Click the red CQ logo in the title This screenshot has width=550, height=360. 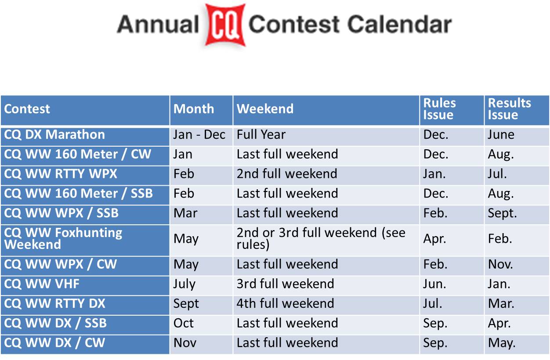click(x=225, y=25)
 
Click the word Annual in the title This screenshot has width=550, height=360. click(x=158, y=24)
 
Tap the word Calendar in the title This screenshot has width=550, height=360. click(x=399, y=24)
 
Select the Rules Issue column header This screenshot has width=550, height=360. click(x=439, y=109)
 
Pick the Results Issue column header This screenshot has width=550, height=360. click(x=509, y=109)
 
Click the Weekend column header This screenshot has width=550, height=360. click(x=265, y=109)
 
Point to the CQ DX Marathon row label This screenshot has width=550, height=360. click(x=54, y=134)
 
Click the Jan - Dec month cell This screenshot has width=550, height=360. click(x=199, y=134)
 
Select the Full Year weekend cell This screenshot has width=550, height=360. click(x=261, y=134)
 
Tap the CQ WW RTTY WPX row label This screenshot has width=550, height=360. click(x=60, y=174)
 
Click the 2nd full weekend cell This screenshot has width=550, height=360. click(x=287, y=174)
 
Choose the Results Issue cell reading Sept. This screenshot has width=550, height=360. click(x=502, y=213)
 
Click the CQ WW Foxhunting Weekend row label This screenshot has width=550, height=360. click(x=63, y=238)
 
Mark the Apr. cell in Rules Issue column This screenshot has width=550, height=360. click(x=434, y=239)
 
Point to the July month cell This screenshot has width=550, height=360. click(x=184, y=284)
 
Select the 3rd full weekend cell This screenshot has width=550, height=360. click(x=285, y=284)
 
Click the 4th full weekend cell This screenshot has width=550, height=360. click(x=285, y=303)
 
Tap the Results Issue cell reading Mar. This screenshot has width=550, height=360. click(x=501, y=303)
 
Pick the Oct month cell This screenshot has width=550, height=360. click(x=184, y=323)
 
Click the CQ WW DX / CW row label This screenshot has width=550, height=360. click(x=54, y=343)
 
